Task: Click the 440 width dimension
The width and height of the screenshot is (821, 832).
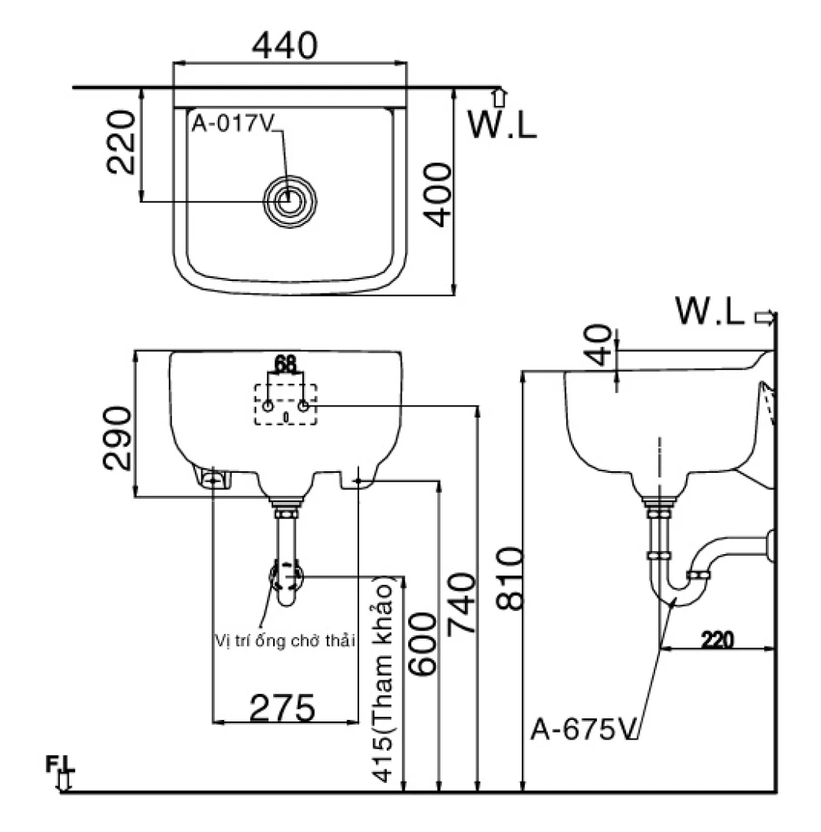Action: pos(285,46)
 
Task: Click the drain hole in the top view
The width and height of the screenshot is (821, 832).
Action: pos(291,201)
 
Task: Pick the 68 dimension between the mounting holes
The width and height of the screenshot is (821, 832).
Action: pos(286,364)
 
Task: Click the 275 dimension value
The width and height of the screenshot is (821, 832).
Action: pos(283,707)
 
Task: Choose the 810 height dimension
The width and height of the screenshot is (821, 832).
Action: pos(509,579)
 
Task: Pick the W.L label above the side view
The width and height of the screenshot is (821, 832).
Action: pos(710,312)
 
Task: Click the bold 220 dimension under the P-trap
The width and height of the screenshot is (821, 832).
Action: pos(716,639)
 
